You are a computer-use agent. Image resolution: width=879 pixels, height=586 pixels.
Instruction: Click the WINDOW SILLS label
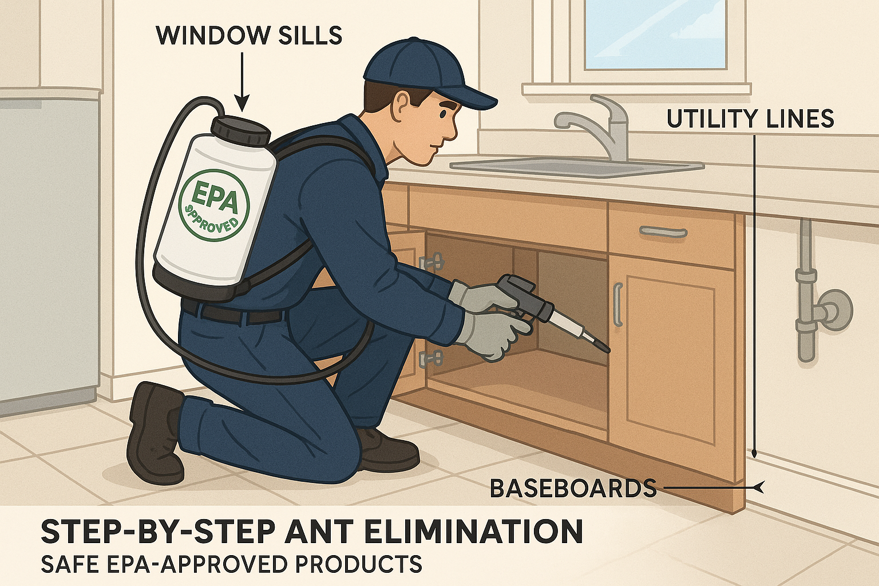[249, 35]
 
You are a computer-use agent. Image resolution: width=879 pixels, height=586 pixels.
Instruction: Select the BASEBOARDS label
[573, 488]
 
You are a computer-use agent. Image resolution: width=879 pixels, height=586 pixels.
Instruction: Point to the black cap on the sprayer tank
[241, 130]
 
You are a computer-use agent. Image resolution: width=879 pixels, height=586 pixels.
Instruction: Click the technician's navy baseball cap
[424, 73]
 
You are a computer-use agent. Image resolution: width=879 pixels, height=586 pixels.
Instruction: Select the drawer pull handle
[663, 232]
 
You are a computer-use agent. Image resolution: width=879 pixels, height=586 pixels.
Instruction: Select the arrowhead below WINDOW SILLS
[243, 104]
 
